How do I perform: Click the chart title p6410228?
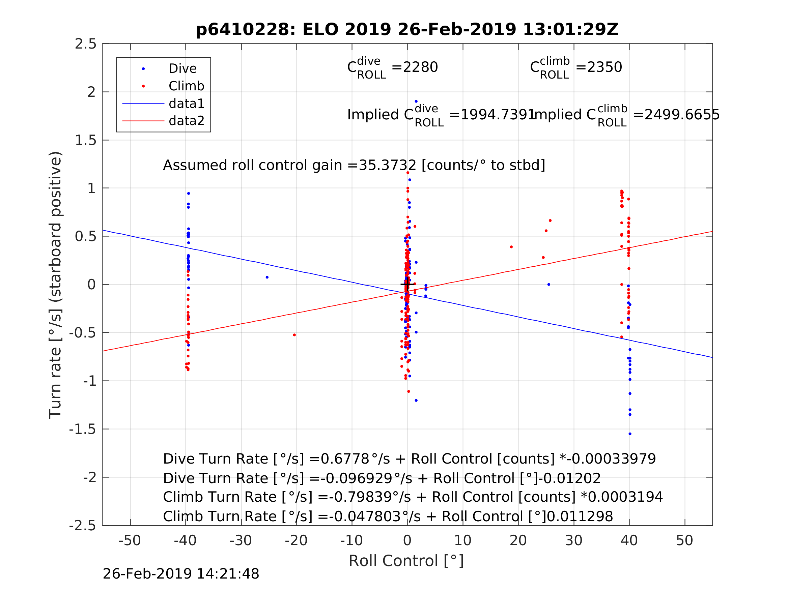tap(407, 30)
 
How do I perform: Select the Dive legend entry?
tap(182, 69)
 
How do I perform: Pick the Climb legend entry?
tap(186, 86)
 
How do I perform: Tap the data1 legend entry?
tap(187, 104)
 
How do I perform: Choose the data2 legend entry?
tap(187, 121)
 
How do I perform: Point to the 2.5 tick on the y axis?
tap(86, 44)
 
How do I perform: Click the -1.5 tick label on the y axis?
tap(83, 430)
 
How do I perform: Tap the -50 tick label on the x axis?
tap(130, 541)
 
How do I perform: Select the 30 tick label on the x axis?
tap(573, 541)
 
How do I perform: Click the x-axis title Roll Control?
tap(406, 561)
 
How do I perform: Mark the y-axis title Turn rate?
tap(56, 285)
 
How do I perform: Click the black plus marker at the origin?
tap(407, 285)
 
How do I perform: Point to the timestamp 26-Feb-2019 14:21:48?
tap(181, 574)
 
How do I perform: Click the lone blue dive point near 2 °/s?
tap(416, 102)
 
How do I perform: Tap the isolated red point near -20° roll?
tap(294, 335)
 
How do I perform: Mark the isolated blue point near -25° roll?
tap(267, 277)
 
